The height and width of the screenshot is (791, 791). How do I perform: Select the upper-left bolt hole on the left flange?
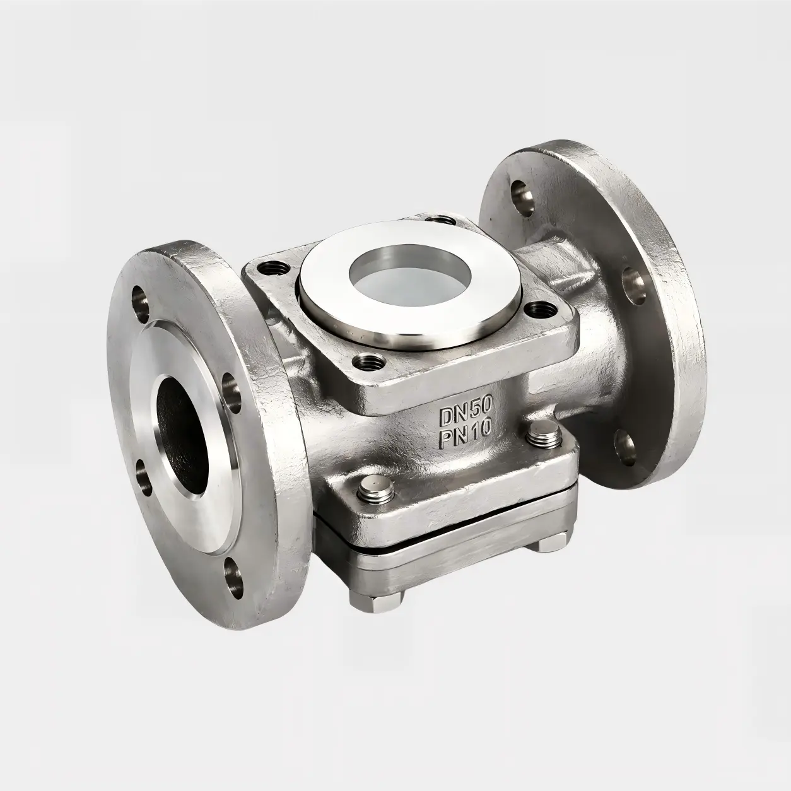pyautogui.click(x=139, y=300)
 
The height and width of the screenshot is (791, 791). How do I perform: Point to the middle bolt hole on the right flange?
pyautogui.click(x=634, y=281)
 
